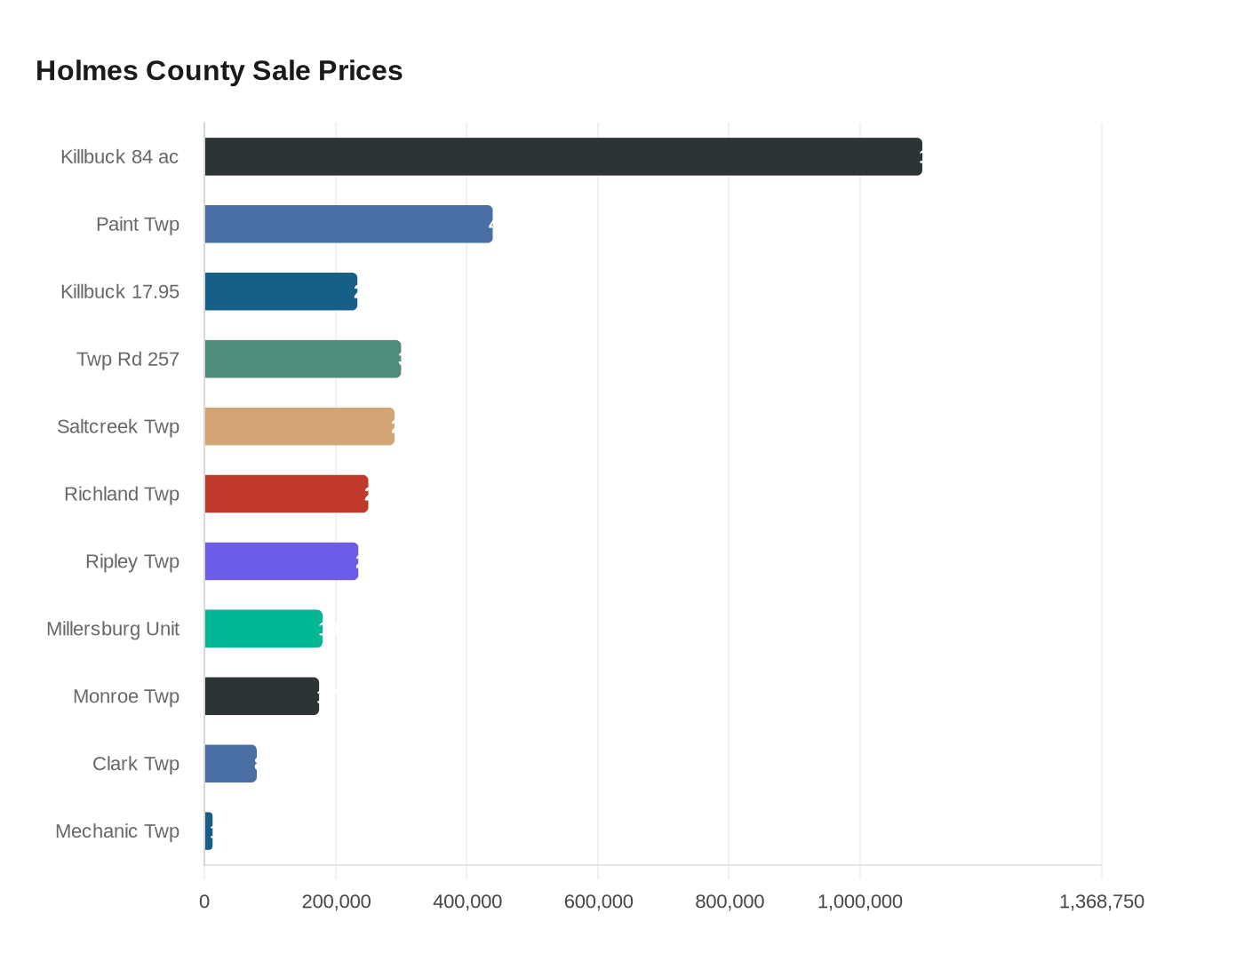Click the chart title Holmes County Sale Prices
tap(219, 70)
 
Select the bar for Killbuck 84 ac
tap(563, 156)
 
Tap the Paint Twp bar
tap(348, 224)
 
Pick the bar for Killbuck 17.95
tap(281, 291)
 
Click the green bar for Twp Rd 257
tap(302, 359)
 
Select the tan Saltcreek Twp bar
tap(299, 426)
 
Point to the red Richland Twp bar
tap(286, 494)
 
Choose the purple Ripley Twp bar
tap(281, 561)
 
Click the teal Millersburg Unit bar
tap(263, 629)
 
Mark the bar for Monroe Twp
tap(261, 696)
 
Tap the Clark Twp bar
tap(230, 764)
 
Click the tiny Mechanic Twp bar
tap(209, 831)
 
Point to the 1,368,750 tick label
tap(1101, 902)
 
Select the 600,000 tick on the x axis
tap(598, 902)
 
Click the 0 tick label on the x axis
tap(204, 902)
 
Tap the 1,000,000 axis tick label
tap(859, 902)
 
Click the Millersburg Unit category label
tap(113, 629)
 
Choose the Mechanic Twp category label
tap(117, 831)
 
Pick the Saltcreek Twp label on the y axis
tap(118, 426)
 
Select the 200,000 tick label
tap(336, 902)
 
